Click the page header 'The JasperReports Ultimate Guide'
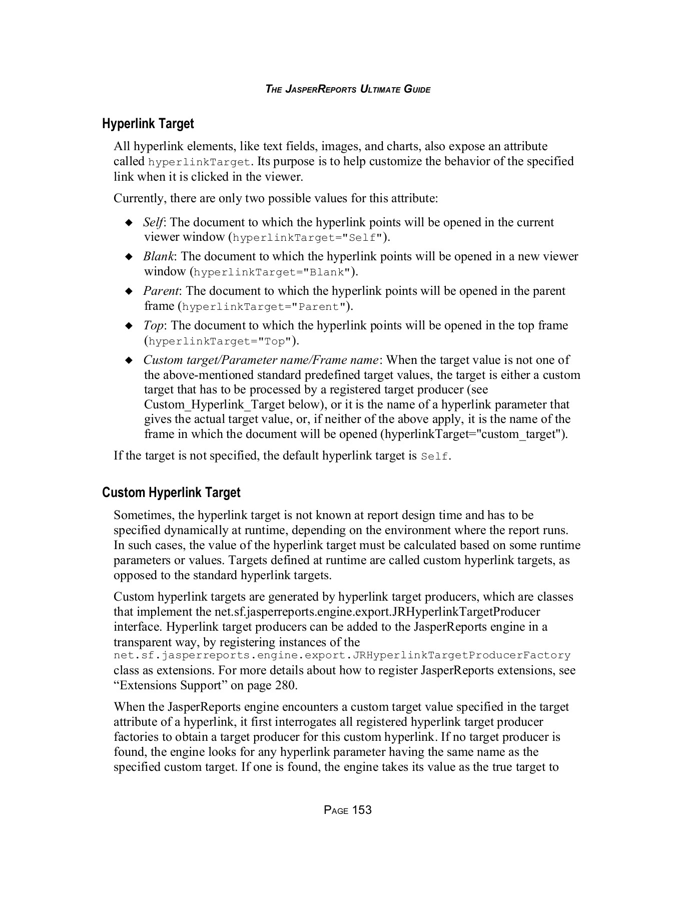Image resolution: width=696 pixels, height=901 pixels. click(348, 90)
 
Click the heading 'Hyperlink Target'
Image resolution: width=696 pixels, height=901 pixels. click(148, 123)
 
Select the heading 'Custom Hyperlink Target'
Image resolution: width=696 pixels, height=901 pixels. click(171, 493)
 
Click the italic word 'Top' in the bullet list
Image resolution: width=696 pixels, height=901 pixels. click(153, 326)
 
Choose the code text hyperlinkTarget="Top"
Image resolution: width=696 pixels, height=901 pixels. click(220, 342)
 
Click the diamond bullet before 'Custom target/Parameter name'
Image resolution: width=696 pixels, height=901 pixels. click(129, 360)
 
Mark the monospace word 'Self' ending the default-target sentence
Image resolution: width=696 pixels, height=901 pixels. click(435, 457)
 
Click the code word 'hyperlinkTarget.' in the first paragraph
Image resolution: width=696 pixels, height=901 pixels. click(200, 162)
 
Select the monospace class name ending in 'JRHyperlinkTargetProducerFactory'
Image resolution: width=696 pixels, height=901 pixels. click(342, 656)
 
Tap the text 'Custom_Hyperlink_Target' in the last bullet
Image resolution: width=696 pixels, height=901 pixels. click(232, 404)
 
